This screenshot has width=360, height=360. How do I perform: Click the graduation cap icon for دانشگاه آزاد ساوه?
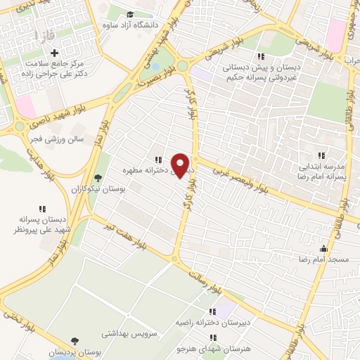click(130, 15)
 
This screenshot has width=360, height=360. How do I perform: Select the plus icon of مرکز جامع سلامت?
click(55, 53)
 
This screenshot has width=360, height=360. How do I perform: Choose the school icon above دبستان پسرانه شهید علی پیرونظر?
click(41, 208)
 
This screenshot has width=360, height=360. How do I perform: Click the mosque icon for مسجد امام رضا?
click(323, 248)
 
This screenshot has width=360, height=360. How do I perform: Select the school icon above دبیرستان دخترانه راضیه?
click(212, 311)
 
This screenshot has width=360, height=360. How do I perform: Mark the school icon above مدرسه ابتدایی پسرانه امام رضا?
click(321, 155)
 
